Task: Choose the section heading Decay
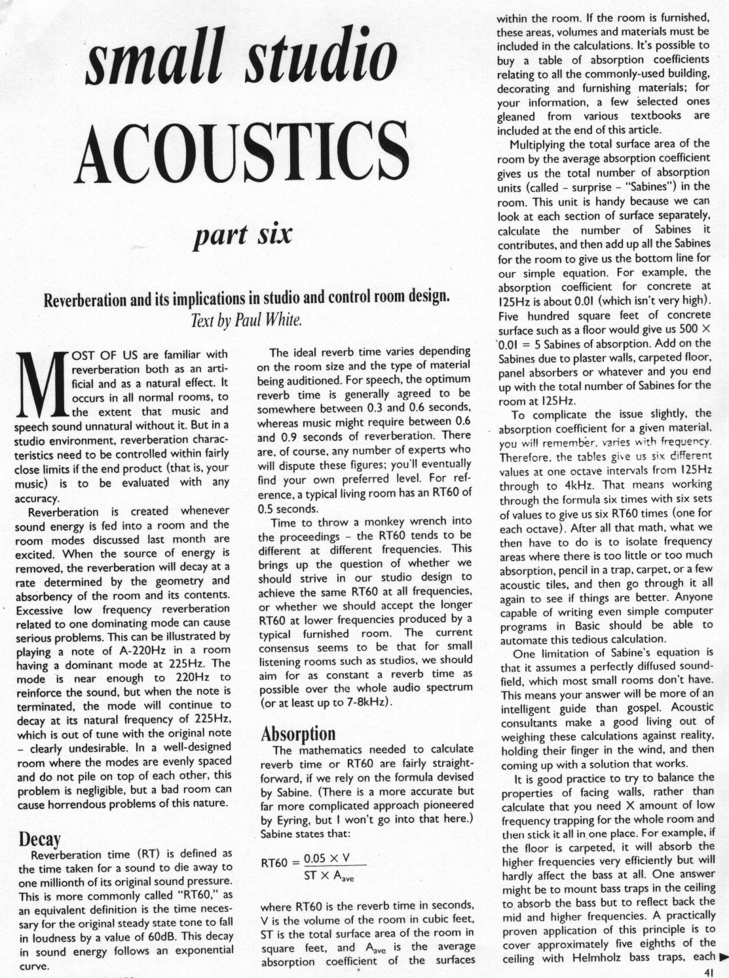tap(39, 839)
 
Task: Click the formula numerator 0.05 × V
tap(326, 858)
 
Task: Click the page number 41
tap(707, 973)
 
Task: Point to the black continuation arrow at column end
tap(722, 958)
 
